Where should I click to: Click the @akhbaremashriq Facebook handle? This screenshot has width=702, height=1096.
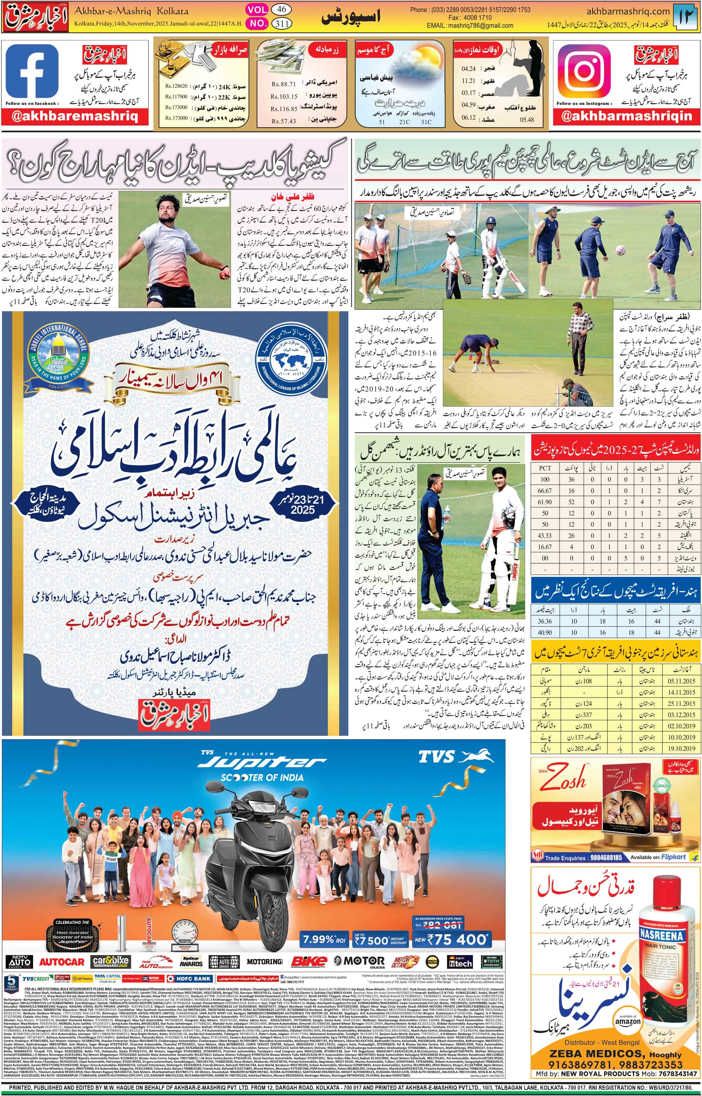[x=75, y=117]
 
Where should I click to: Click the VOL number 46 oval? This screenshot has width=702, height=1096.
[x=282, y=9]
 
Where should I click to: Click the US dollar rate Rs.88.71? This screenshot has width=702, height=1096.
[x=284, y=84]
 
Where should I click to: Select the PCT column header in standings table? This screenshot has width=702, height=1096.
[x=545, y=468]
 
